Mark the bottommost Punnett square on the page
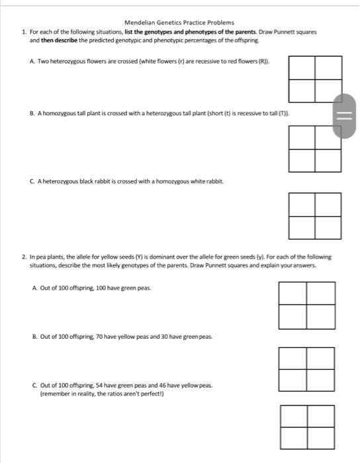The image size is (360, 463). point(307,427)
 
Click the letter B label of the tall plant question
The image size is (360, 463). point(33,114)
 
